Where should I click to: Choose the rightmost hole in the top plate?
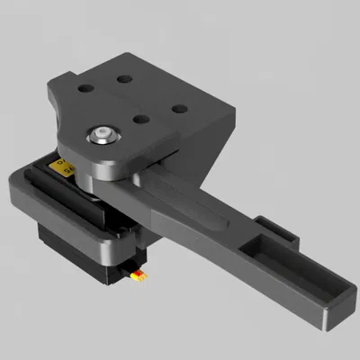pos(179,109)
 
